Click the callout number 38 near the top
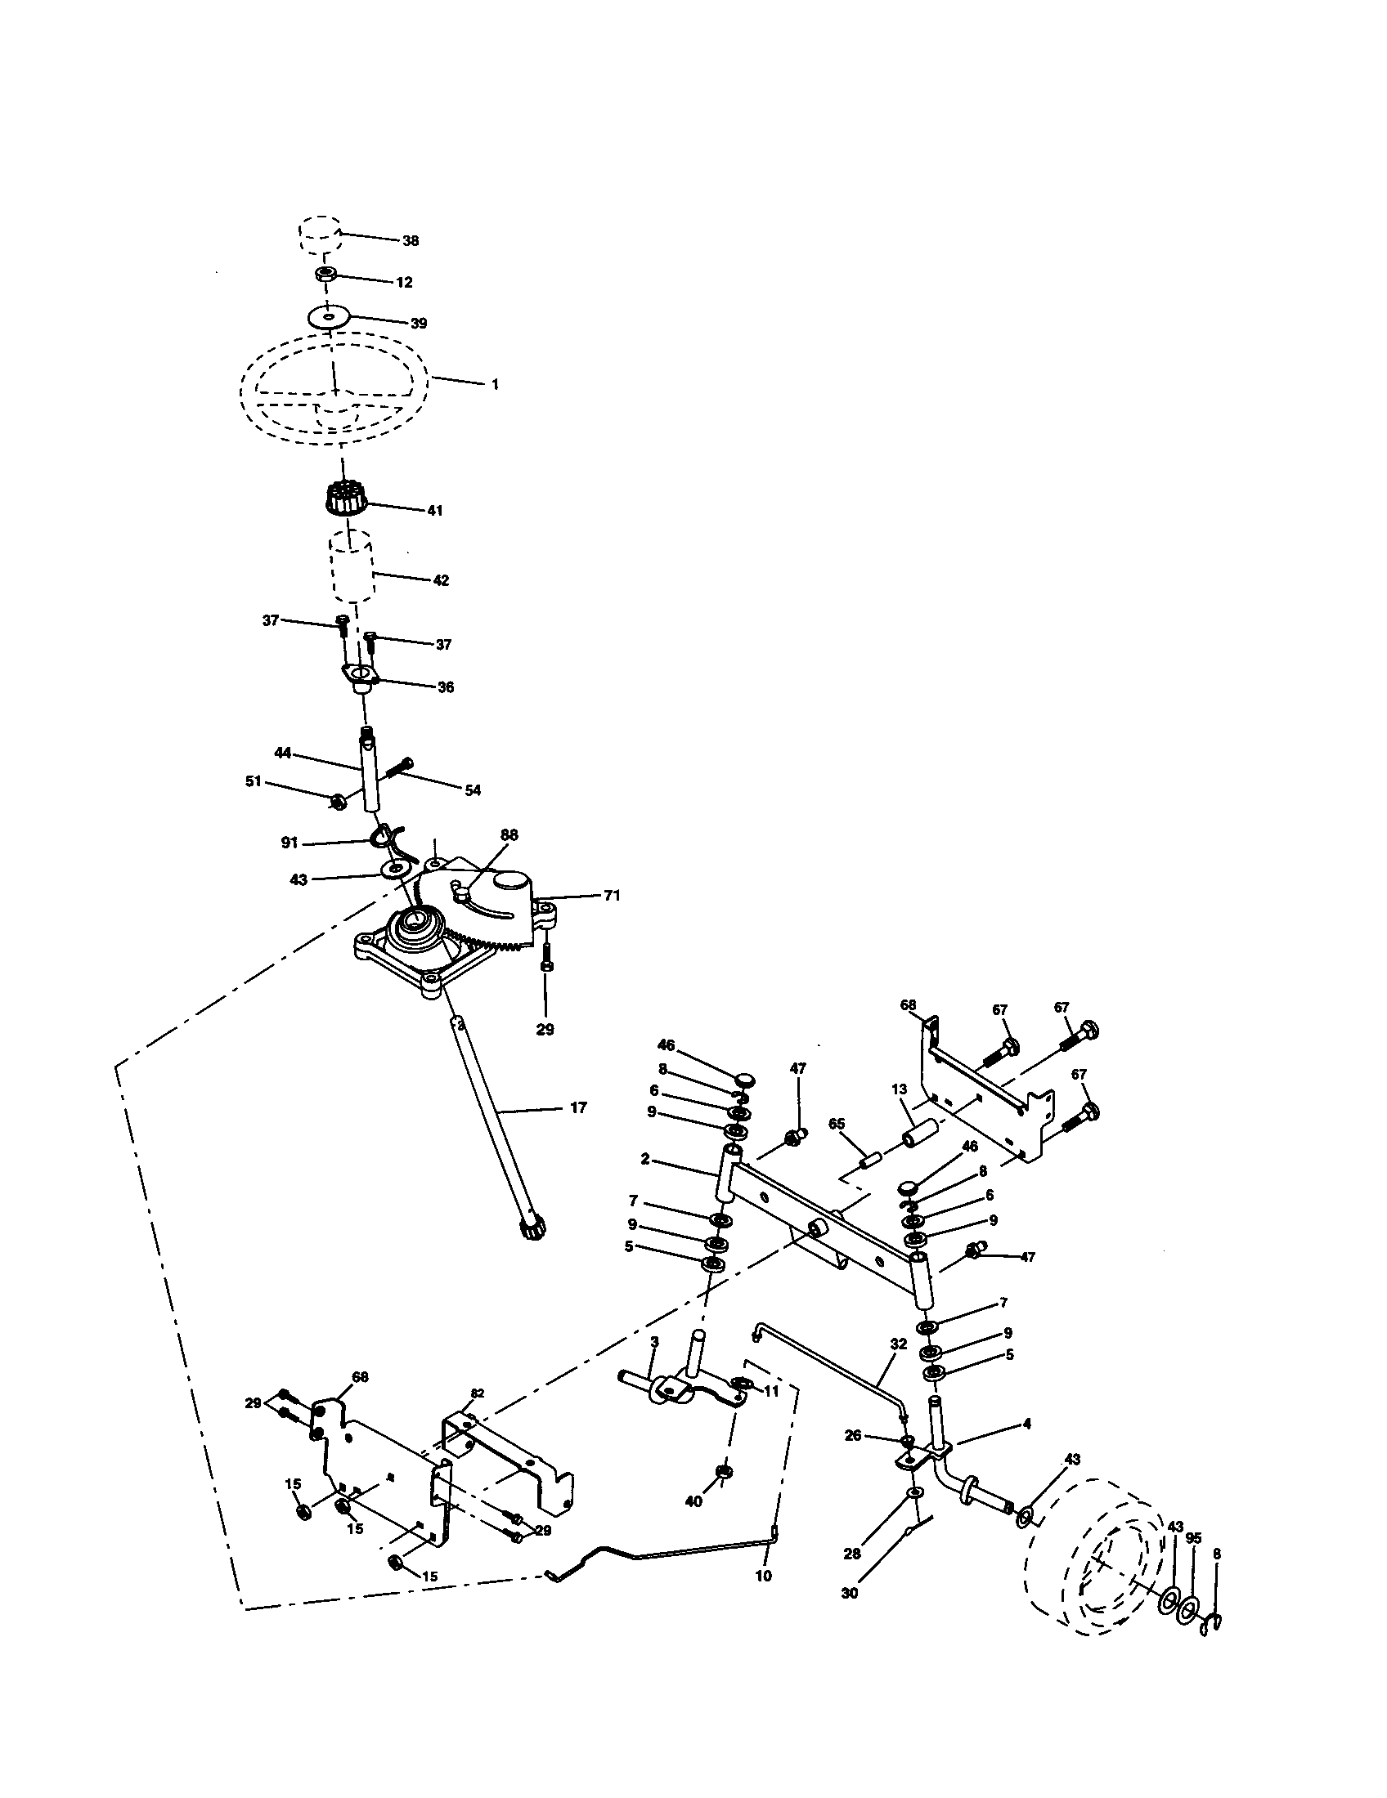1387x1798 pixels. [x=411, y=241]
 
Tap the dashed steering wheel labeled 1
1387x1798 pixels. [x=334, y=387]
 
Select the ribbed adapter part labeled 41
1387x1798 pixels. [x=347, y=499]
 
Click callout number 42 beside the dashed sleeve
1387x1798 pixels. [x=441, y=580]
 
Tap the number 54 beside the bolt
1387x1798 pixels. [x=472, y=790]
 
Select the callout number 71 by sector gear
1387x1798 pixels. [x=611, y=896]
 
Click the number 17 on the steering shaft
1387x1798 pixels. [x=578, y=1108]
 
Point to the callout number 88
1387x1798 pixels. [x=509, y=834]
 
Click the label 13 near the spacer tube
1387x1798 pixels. [x=899, y=1089]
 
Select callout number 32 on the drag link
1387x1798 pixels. [x=899, y=1344]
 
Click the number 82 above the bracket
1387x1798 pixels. [x=478, y=1393]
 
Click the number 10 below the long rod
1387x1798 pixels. [x=764, y=1577]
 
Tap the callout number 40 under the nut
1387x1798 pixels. [x=694, y=1501]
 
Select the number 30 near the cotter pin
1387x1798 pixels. [x=850, y=1593]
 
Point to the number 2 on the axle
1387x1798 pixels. [x=645, y=1159]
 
